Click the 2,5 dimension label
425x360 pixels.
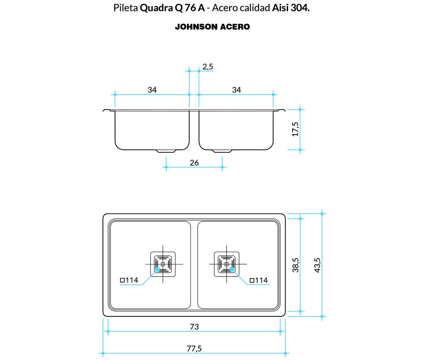point(208,66)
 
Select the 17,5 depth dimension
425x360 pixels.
point(295,129)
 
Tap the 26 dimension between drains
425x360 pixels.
point(194,163)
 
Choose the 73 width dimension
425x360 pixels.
point(194,327)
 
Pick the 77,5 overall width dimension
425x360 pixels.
point(194,349)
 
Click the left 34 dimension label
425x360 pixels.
point(151,90)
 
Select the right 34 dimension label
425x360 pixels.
point(236,90)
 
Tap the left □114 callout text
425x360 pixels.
point(129,280)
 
